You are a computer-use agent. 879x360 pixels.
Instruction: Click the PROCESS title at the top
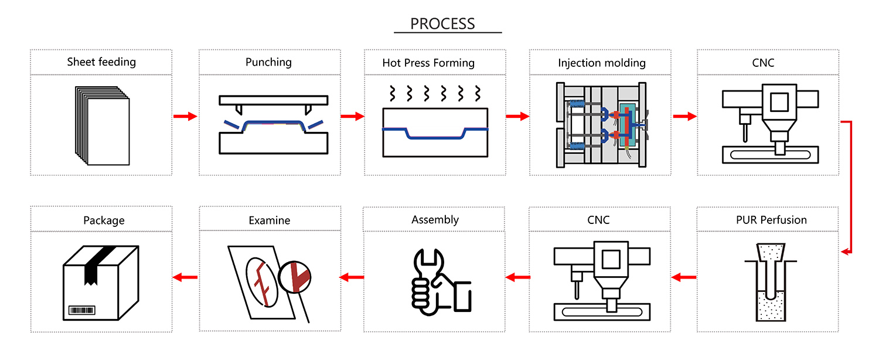click(x=442, y=24)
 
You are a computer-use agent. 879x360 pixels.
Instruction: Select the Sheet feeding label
click(x=101, y=62)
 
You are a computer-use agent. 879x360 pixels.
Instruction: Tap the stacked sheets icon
click(x=102, y=125)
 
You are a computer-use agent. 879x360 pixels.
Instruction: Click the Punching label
click(x=268, y=62)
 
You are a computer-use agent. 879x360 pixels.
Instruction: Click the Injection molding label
click(x=601, y=63)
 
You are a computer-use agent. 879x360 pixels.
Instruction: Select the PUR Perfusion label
click(x=771, y=220)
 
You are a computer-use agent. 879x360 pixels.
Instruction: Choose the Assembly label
click(x=435, y=220)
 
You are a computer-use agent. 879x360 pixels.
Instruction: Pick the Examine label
click(x=269, y=220)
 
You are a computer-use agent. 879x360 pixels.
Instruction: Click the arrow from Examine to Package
click(x=185, y=277)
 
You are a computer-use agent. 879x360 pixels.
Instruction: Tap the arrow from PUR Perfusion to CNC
click(x=683, y=277)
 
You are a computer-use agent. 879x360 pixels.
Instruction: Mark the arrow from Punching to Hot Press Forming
click(x=352, y=117)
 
